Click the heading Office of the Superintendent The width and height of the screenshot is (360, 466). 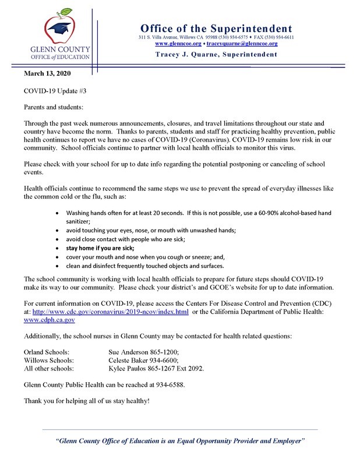[x=216, y=28]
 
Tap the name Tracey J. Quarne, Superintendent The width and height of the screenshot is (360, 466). [x=216, y=55]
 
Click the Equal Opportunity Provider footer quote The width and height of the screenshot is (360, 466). [x=180, y=441]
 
